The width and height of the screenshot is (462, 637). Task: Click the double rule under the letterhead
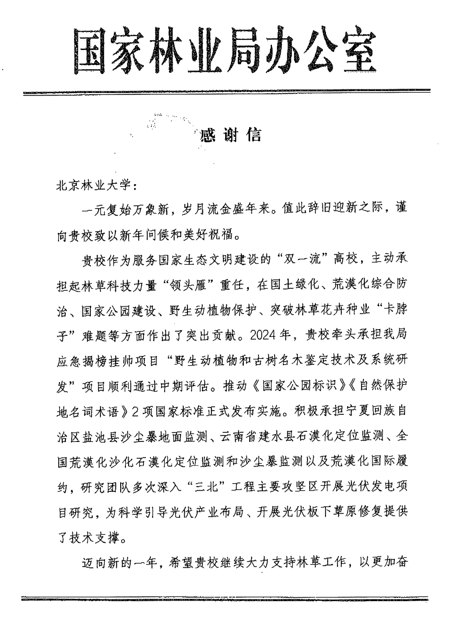(x=226, y=92)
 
